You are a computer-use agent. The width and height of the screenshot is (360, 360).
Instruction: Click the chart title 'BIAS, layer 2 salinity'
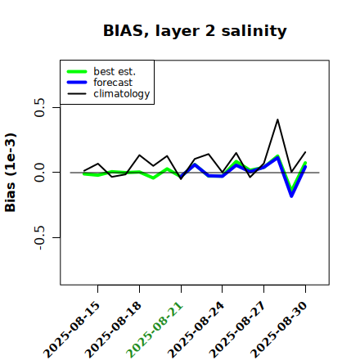[195, 31]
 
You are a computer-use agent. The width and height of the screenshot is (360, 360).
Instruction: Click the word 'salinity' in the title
[254, 30]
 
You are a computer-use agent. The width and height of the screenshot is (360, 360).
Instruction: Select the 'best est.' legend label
[115, 71]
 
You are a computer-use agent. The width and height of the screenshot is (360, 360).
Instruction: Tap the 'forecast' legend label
[113, 83]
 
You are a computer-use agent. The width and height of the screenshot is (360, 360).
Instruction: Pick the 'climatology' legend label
[122, 94]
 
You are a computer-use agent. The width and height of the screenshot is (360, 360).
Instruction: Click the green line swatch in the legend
[77, 71]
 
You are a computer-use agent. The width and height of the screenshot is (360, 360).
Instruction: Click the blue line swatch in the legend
[77, 83]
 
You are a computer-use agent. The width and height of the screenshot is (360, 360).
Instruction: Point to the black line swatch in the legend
[77, 93]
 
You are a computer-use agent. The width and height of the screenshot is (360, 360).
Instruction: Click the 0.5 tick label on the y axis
[40, 107]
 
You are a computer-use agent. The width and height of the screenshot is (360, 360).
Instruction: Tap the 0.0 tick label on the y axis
[40, 173]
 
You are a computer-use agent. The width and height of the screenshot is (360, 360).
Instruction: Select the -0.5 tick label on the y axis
[40, 237]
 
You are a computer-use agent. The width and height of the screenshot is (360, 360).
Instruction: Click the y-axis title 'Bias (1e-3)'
[11, 173]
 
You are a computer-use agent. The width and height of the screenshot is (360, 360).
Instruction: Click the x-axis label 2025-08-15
[71, 330]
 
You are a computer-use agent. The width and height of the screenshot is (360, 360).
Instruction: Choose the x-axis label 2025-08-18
[113, 330]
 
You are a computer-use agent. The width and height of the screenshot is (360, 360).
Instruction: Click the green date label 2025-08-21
[155, 330]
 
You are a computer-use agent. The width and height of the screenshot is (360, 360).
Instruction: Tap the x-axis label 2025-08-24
[196, 330]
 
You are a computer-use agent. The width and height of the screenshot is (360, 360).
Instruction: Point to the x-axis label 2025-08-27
[237, 330]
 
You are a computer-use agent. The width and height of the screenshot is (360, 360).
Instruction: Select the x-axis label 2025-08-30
[279, 330]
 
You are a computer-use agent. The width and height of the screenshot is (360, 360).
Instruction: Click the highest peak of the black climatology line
[277, 119]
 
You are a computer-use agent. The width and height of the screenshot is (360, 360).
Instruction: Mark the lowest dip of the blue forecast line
[291, 196]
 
